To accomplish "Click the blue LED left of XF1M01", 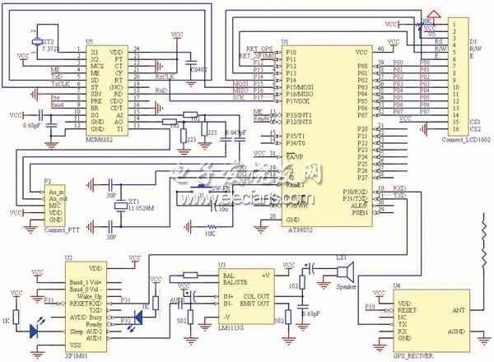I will click(x=35, y=330).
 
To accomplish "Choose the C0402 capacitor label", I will click(x=198, y=70).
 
